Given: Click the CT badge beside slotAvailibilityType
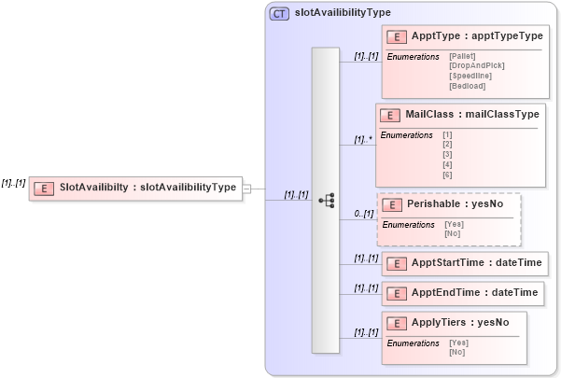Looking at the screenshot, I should pyautogui.click(x=279, y=13).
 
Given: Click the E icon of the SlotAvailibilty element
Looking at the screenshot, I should pyautogui.click(x=43, y=188).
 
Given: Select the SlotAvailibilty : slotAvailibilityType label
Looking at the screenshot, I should pyautogui.click(x=147, y=188).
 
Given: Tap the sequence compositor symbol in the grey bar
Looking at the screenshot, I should pyautogui.click(x=326, y=200).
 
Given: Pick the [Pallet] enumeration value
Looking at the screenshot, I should pyautogui.click(x=462, y=57).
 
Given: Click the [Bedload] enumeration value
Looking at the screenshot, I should pyautogui.click(x=467, y=86).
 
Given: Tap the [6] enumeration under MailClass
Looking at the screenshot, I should pyautogui.click(x=447, y=175).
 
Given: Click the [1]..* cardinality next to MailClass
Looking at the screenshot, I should pyautogui.click(x=363, y=140).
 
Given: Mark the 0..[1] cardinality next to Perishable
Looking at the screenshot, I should pyautogui.click(x=364, y=215).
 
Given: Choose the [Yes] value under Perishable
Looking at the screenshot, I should pyautogui.click(x=455, y=225).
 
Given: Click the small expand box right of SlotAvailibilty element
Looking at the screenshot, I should pyautogui.click(x=246, y=189).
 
